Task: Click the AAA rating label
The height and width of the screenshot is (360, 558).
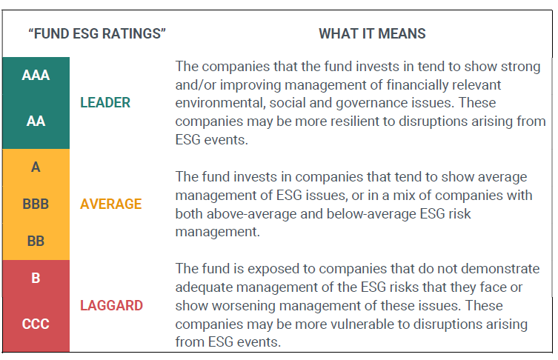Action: click(x=36, y=75)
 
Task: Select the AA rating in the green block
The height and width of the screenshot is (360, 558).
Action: click(x=36, y=121)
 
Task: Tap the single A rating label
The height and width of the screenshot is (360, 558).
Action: click(x=36, y=167)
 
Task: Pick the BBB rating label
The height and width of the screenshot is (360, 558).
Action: click(x=36, y=204)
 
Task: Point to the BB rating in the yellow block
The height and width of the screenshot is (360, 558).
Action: click(x=36, y=241)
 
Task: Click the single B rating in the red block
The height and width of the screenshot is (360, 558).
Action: click(x=36, y=279)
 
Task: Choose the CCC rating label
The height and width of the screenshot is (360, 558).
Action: click(x=36, y=324)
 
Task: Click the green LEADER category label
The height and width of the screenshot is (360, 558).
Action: click(x=104, y=103)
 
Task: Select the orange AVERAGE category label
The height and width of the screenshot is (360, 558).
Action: click(x=110, y=204)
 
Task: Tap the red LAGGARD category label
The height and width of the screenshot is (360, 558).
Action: click(x=111, y=305)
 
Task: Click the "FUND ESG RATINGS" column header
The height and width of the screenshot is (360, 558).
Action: click(x=96, y=34)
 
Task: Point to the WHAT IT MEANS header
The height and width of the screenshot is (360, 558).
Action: click(x=372, y=34)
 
